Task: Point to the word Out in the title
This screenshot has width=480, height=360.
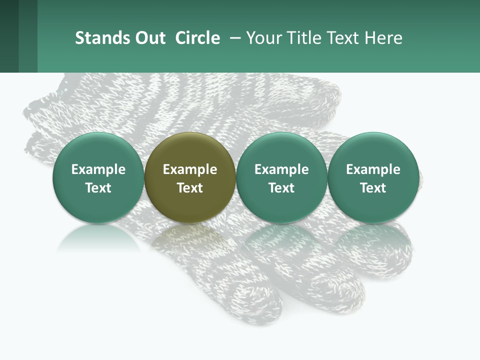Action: point(149,38)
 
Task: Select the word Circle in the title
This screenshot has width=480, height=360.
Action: point(197,38)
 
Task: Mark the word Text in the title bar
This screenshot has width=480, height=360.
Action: point(343,38)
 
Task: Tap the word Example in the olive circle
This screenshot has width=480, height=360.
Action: point(190,169)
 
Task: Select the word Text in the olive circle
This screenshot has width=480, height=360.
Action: point(190,188)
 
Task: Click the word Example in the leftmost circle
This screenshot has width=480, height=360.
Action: point(98,169)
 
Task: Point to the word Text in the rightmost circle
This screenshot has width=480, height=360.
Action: point(373,188)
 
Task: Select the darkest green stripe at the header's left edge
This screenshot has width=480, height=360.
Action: point(9,36)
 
